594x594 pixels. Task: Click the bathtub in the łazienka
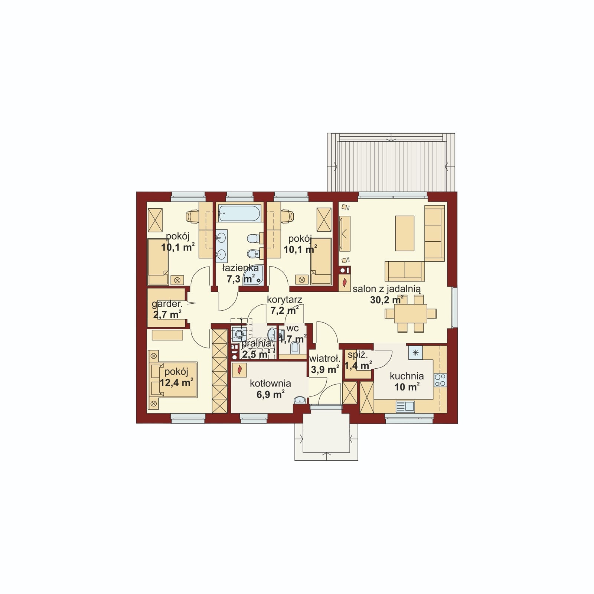click(239, 213)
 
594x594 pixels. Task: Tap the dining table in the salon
click(411, 314)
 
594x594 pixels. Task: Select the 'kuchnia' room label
click(407, 376)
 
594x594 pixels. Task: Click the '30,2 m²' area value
click(387, 300)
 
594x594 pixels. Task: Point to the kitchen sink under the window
click(405, 406)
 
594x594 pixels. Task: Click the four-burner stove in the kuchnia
click(440, 380)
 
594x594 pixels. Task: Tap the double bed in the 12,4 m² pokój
click(173, 380)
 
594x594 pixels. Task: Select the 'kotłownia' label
click(270, 384)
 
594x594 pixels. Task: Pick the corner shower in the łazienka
click(254, 275)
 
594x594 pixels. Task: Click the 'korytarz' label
click(285, 299)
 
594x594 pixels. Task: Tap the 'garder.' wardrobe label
click(167, 304)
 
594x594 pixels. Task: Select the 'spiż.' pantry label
click(358, 355)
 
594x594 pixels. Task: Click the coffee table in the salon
click(405, 233)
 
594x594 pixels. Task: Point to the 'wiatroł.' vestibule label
click(325, 359)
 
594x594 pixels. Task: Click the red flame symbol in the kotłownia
click(240, 369)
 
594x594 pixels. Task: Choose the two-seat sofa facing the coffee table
click(405, 271)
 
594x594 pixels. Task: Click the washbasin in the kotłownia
click(300, 400)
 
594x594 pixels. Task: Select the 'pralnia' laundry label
click(256, 344)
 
